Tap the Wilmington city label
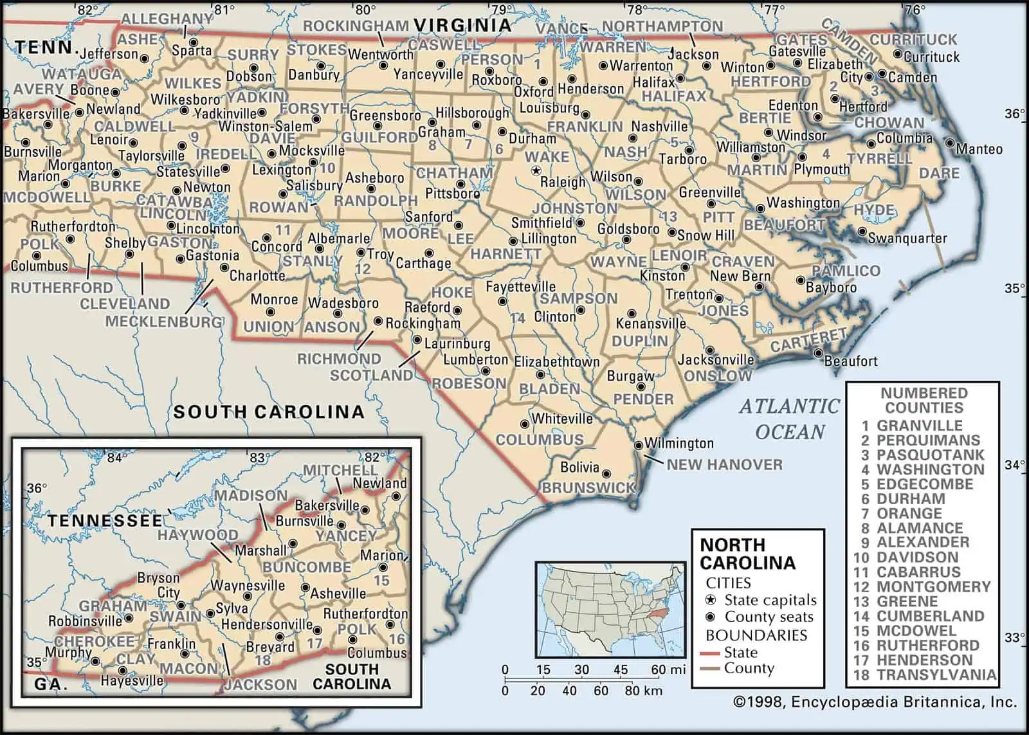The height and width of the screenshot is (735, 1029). click(678, 443)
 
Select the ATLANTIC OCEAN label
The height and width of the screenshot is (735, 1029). click(790, 419)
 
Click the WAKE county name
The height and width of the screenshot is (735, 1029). click(547, 156)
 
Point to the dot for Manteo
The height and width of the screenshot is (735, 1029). click(950, 143)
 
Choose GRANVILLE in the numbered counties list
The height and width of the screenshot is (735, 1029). click(920, 426)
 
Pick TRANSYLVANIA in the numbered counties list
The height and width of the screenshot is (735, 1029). click(936, 675)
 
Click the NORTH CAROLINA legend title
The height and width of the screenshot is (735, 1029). click(747, 554)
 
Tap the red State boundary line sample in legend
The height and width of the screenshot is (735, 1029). click(710, 653)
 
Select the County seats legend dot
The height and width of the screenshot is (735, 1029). click(710, 617)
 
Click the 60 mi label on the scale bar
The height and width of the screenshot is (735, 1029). click(668, 670)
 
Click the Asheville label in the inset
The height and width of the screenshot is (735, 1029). click(338, 594)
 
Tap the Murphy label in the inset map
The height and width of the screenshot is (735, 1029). click(68, 652)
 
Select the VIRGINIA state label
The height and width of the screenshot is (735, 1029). click(462, 25)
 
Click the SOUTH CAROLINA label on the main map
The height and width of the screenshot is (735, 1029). click(268, 412)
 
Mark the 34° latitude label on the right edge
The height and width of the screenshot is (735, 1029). click(1014, 464)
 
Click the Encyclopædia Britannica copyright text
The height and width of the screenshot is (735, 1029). click(875, 702)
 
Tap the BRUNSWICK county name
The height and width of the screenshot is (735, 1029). click(588, 487)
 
